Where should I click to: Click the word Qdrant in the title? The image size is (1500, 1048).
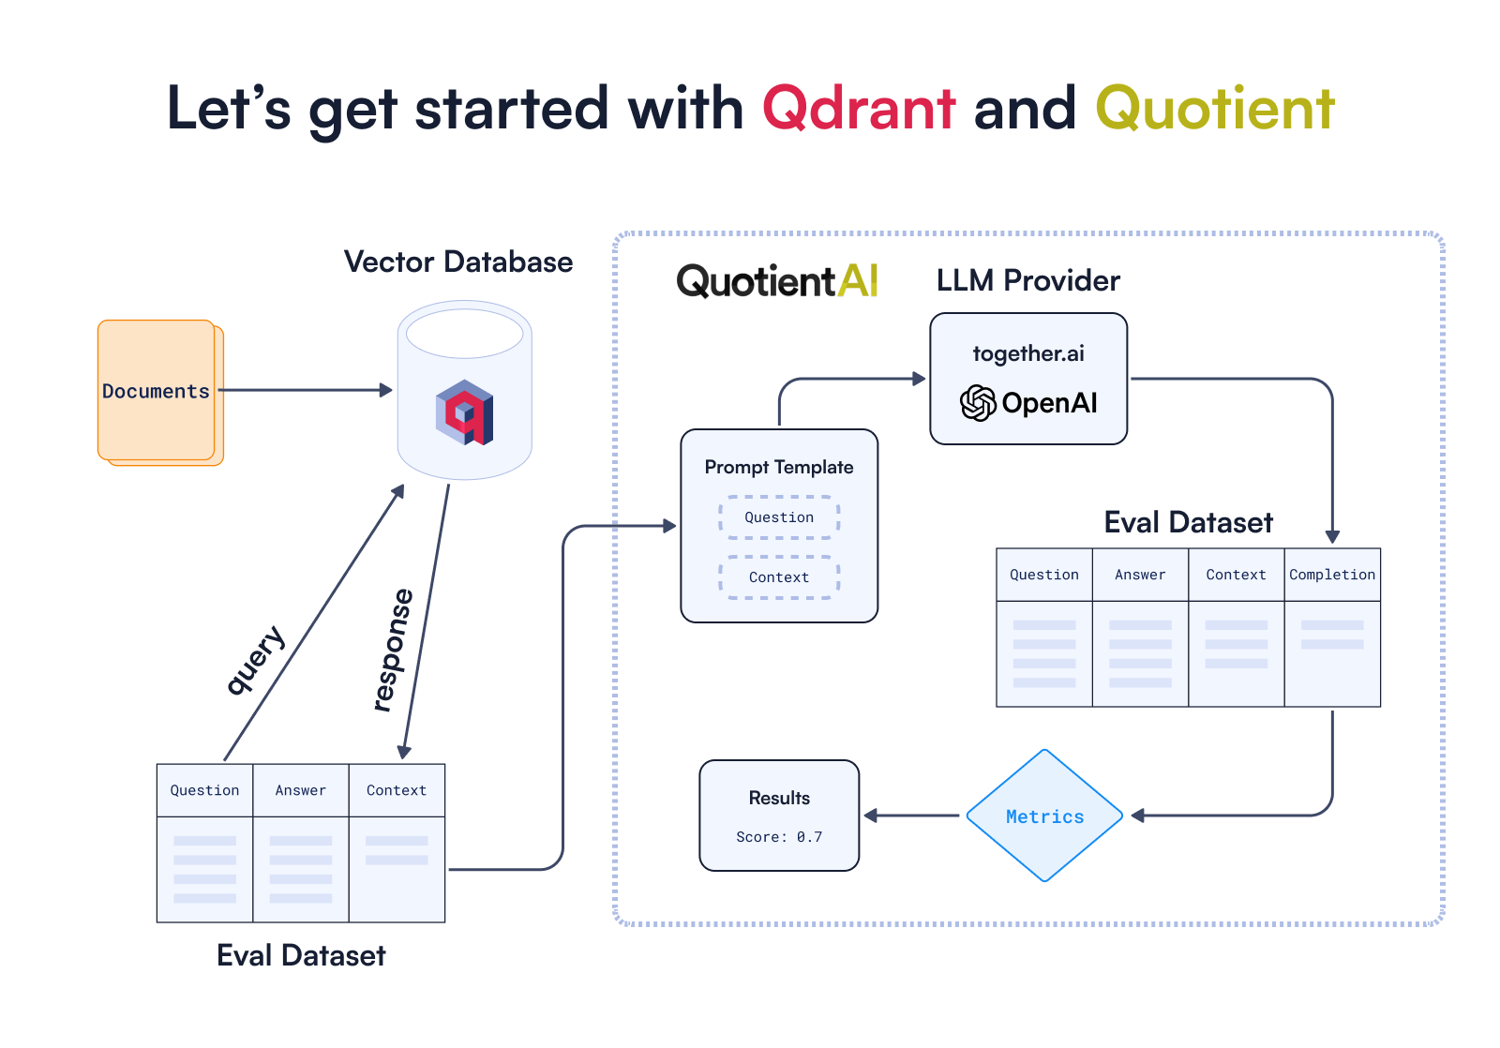point(859,109)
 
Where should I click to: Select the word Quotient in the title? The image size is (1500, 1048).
point(1215,109)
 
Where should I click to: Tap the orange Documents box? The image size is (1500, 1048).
point(157,391)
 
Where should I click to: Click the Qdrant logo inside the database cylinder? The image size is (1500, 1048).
point(464,412)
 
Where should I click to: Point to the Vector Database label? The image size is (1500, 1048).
point(457,262)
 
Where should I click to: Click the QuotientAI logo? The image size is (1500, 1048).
point(776,280)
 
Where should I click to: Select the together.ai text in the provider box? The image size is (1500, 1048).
point(1027,353)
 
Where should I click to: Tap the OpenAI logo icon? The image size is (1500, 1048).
point(978,403)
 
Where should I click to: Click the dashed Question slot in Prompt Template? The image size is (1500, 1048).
point(778,517)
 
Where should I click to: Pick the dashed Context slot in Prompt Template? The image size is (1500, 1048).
point(778,577)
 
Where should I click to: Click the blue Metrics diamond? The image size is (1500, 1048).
point(1044,816)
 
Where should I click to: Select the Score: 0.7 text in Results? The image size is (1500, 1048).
point(778,837)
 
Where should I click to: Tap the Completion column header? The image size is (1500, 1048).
point(1331,575)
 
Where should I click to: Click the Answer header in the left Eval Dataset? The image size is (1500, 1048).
point(300,790)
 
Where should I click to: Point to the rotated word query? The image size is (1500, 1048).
point(255,660)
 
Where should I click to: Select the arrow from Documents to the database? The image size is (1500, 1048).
point(305,390)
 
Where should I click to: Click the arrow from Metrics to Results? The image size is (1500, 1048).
point(911,816)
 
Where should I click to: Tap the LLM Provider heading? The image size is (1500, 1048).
point(1027,280)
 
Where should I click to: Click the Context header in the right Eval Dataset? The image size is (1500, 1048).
point(1236,575)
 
